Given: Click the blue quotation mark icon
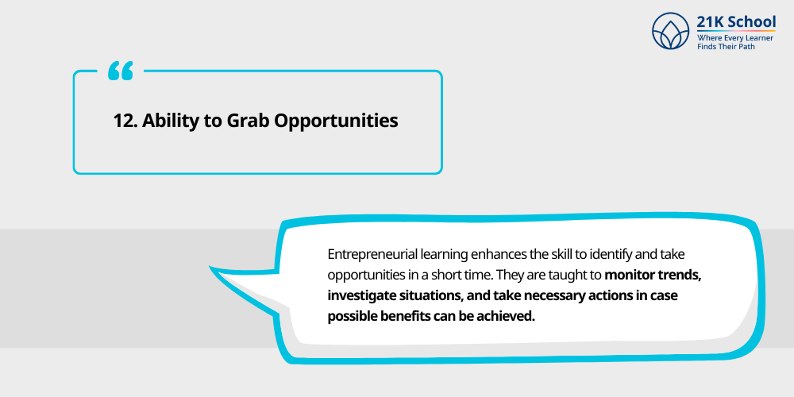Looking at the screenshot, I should point(121,71).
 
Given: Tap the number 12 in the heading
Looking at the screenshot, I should point(125,121).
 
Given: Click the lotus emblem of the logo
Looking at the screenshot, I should point(671,31).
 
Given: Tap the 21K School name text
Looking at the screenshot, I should point(736,22).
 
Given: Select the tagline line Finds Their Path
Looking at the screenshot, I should point(727,47).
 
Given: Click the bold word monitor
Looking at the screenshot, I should point(631,276).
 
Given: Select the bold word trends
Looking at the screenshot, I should point(680,276).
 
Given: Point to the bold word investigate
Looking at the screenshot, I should point(362,296).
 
